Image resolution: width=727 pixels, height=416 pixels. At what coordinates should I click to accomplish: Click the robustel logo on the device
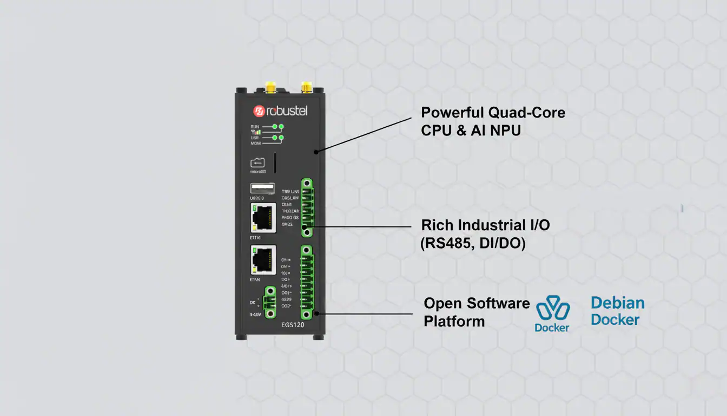(x=280, y=111)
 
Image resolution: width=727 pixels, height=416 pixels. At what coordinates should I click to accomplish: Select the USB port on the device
(x=262, y=188)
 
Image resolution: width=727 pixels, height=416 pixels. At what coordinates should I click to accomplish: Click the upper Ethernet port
(x=263, y=218)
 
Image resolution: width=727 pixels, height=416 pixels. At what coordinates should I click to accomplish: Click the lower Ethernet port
(x=263, y=261)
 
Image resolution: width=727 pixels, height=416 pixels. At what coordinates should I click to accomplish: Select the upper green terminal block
(x=307, y=209)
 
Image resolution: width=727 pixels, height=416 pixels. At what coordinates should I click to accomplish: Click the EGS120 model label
(x=293, y=326)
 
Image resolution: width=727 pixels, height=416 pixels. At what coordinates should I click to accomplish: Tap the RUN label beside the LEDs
(x=255, y=126)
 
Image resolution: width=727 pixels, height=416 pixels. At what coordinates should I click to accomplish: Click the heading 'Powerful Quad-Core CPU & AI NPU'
(x=493, y=121)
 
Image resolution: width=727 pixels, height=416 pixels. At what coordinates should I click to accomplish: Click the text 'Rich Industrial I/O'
(x=485, y=225)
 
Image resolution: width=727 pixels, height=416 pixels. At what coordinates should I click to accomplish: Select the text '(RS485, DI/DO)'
(x=473, y=244)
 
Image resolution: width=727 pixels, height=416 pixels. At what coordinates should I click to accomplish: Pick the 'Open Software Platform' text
(x=476, y=312)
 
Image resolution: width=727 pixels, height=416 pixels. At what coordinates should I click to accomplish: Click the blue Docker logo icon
(x=552, y=309)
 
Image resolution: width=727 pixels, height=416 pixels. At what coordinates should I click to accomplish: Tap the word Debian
(x=617, y=303)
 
